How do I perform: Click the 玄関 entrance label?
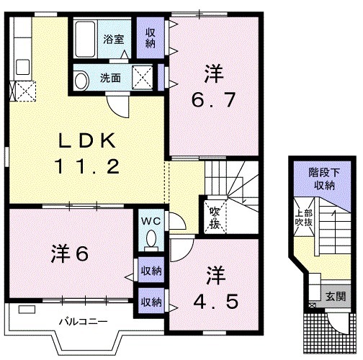coord(335,295)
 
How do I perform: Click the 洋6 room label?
coord(70,254)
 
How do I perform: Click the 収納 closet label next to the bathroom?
coord(151,37)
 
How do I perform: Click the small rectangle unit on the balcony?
coord(27,310)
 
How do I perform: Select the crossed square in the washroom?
coord(143,76)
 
